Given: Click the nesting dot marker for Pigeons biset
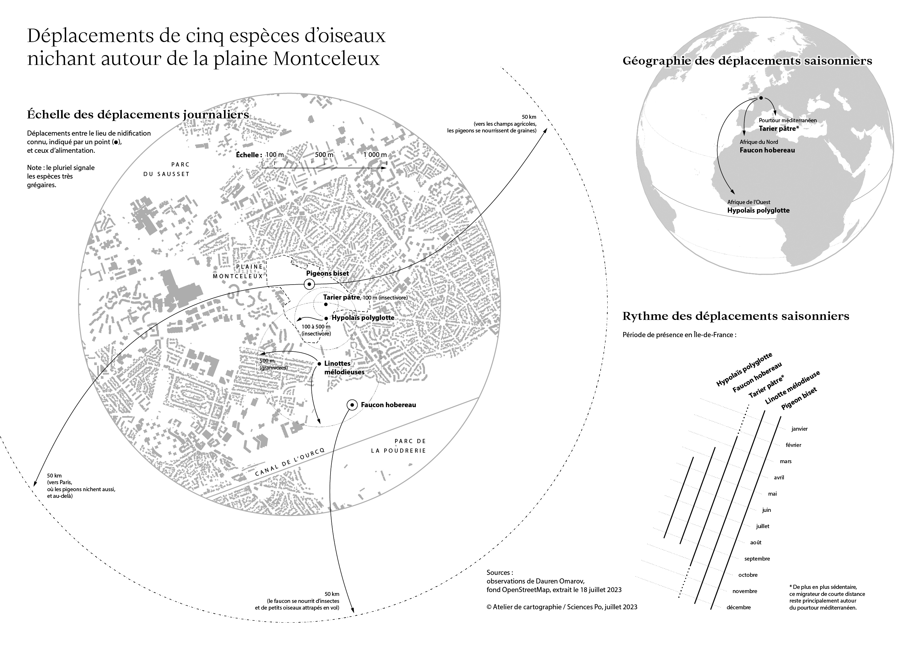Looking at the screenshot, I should (x=309, y=284).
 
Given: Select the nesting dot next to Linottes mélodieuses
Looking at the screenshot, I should (x=319, y=364).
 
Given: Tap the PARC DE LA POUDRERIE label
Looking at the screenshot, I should (x=398, y=446).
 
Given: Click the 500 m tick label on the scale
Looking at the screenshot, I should (x=324, y=155).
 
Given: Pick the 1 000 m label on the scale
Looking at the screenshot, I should (x=375, y=155).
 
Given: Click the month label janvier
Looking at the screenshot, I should (x=799, y=429).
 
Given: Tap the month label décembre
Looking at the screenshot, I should (x=738, y=607).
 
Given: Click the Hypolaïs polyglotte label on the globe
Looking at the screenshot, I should (x=758, y=210).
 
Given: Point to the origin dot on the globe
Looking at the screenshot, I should (x=761, y=98).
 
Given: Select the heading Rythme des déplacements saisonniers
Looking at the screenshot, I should (x=736, y=316).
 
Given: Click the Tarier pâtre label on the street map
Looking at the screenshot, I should (x=341, y=298).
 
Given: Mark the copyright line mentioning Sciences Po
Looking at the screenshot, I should (x=562, y=607).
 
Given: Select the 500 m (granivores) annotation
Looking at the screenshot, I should (x=274, y=364).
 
